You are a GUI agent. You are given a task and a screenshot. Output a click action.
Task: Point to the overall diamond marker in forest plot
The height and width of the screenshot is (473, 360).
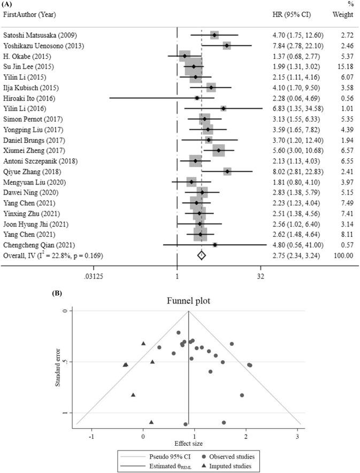[x=201, y=255]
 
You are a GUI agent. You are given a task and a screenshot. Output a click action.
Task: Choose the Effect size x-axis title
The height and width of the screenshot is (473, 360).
[x=188, y=442]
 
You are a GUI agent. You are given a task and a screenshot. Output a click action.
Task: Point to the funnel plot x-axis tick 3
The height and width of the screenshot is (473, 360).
[x=297, y=433]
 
